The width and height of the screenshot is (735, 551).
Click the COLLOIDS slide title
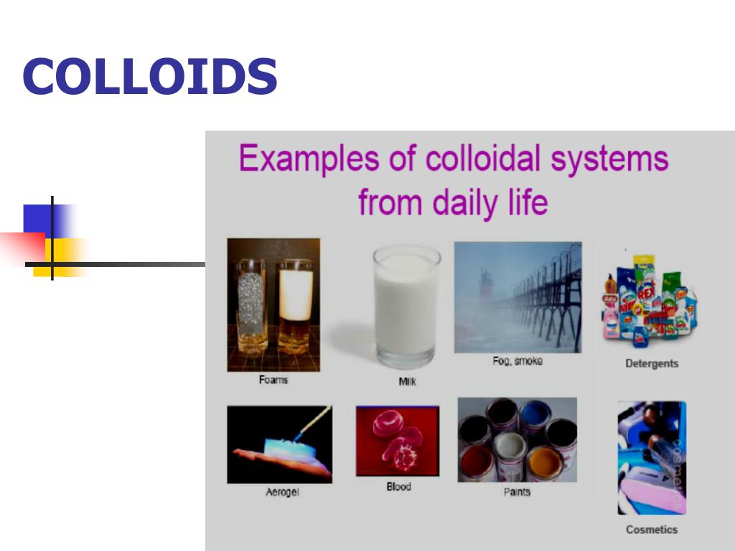(149, 77)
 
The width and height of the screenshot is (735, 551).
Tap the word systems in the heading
(609, 159)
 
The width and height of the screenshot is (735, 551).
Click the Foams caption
(273, 380)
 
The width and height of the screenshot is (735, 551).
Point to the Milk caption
(407, 382)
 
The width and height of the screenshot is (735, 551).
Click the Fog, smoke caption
(518, 362)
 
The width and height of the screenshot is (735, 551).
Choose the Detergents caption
(651, 364)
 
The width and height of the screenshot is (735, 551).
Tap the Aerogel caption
(282, 493)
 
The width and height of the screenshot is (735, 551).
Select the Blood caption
(398, 486)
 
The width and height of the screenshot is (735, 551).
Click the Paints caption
(517, 492)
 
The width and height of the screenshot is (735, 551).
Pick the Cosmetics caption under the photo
(651, 529)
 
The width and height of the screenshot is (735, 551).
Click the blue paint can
(535, 415)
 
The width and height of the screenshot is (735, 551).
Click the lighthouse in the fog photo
(486, 281)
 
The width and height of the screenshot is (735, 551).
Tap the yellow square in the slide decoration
(65, 256)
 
